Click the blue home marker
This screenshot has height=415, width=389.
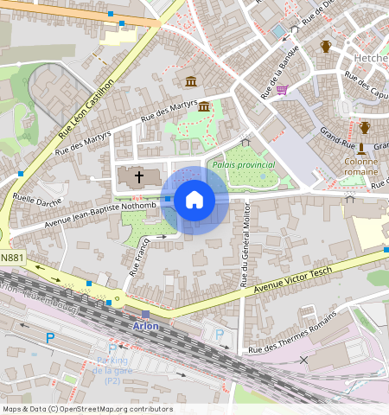coord(194,200)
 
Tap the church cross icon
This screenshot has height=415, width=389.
coord(138,177)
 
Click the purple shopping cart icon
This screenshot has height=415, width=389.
coord(282,89)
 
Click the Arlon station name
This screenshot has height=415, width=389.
coord(146,326)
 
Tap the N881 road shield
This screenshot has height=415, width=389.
coord(12,257)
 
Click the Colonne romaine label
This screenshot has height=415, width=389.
coord(360,166)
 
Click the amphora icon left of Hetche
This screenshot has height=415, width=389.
coord(326,47)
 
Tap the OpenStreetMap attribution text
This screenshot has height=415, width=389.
coord(87,409)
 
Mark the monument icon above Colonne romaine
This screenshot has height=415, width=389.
coord(361,148)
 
